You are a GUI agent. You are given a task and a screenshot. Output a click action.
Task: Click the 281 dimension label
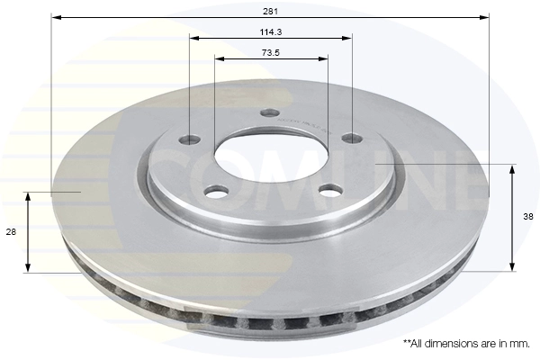[x=270, y=12]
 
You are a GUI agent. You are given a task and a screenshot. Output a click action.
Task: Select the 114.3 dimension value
[x=271, y=32]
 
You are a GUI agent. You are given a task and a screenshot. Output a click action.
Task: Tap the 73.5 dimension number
[x=271, y=53]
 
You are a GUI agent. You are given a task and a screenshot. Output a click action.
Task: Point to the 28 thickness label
[x=11, y=232]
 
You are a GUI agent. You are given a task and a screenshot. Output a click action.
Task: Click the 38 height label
[x=528, y=217]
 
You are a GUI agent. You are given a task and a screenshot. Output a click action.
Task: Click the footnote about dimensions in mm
[x=466, y=344]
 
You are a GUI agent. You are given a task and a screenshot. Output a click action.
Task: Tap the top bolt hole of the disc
[x=270, y=112]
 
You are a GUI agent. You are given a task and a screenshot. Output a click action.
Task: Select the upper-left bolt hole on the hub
[x=190, y=139]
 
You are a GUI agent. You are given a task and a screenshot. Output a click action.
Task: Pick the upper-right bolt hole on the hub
[x=352, y=139]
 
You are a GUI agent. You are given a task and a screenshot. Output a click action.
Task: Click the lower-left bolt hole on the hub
[x=217, y=192]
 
